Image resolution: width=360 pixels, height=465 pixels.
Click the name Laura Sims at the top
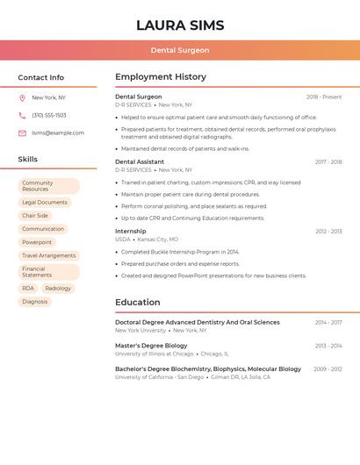[180, 25]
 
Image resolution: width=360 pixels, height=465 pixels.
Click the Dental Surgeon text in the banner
[180, 50]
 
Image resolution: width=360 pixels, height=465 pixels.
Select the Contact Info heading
[41, 77]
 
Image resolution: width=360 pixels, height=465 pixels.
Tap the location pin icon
[22, 98]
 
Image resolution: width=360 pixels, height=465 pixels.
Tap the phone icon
[22, 116]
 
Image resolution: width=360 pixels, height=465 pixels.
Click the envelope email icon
[22, 133]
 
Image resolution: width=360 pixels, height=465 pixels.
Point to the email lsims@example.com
[58, 133]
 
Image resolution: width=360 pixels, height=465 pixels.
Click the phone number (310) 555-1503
[49, 116]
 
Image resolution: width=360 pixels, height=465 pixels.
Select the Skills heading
[28, 160]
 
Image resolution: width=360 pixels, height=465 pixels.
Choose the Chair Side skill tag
[35, 216]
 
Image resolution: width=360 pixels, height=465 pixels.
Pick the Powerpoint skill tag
[37, 242]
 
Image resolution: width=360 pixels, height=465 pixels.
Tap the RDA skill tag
[28, 288]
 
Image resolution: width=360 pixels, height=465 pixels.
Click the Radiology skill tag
[58, 288]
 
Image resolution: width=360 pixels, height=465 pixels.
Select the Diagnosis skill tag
[35, 302]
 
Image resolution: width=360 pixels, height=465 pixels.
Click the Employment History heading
[161, 77]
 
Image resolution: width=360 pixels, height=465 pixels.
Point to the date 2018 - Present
[324, 97]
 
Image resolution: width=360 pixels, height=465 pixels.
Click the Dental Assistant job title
[140, 161]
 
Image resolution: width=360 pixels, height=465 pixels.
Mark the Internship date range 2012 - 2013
[328, 232]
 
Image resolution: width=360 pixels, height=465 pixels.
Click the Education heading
[138, 303]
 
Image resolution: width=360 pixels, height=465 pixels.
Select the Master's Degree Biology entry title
[151, 346]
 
